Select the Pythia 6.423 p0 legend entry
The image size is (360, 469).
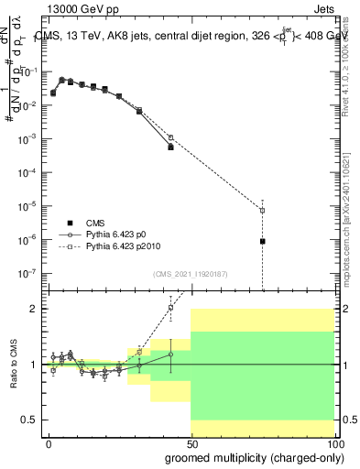(115, 234)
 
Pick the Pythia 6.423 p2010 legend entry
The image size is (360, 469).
(121, 246)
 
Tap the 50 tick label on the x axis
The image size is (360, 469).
(191, 444)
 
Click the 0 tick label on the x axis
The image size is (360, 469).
(49, 444)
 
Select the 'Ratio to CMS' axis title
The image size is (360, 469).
(13, 365)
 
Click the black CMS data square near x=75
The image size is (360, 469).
(263, 241)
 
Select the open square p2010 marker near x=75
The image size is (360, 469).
(263, 211)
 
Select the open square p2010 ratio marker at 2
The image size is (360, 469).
(171, 308)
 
